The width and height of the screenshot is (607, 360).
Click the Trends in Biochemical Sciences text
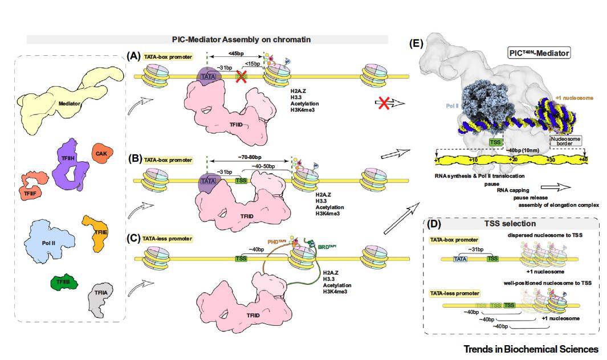pyautogui.click(x=531, y=349)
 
